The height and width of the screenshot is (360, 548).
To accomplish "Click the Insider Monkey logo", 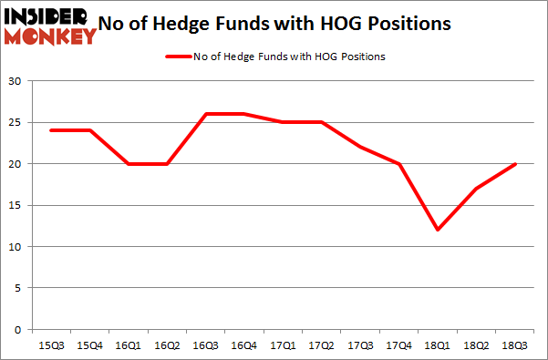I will (x=51, y=26).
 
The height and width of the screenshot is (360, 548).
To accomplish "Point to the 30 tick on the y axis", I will (x=15, y=81).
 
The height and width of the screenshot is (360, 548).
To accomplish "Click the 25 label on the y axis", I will (x=15, y=122).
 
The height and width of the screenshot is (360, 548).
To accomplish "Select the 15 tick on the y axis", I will (x=15, y=205).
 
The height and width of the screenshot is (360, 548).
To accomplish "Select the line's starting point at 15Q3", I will (x=50, y=130).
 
